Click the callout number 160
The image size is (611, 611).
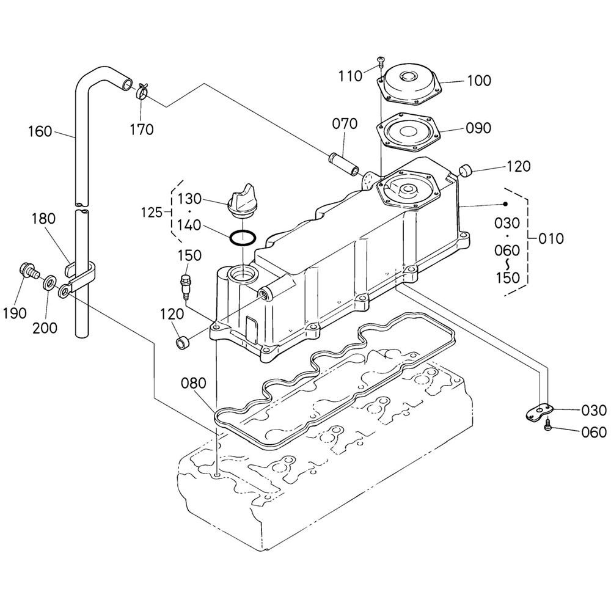tap(40, 131)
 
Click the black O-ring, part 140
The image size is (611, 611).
tap(243, 238)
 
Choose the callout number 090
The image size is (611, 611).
tap(478, 128)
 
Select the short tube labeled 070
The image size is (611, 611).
tap(345, 164)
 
